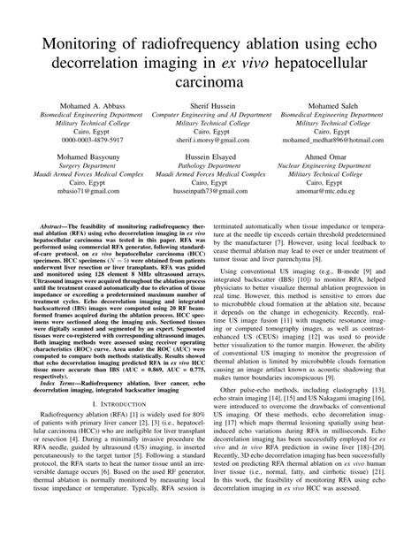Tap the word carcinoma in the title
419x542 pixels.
click(209, 80)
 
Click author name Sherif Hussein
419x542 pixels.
click(209, 106)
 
